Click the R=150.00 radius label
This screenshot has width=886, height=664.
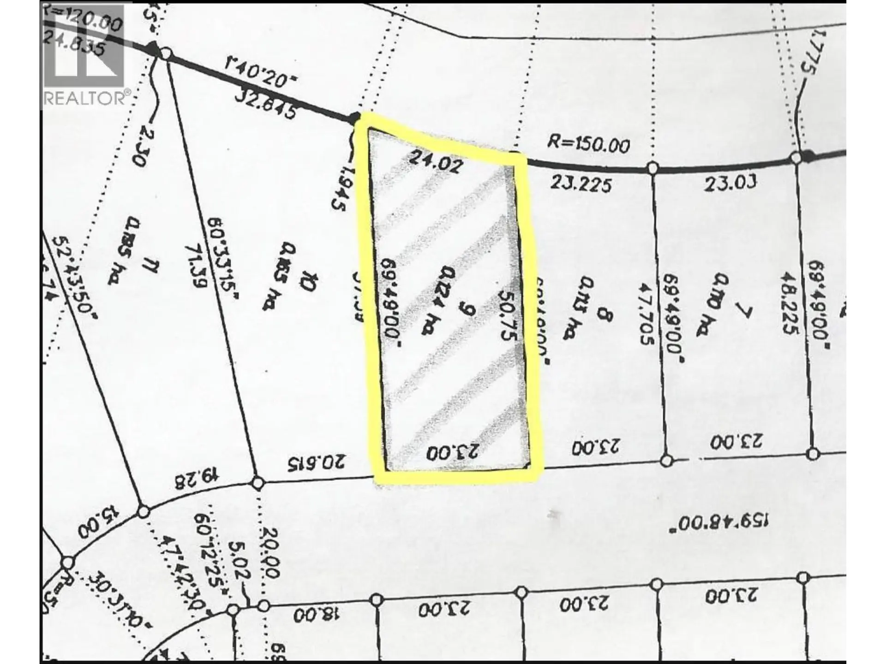pos(588,144)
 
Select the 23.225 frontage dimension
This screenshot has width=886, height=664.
pos(581,184)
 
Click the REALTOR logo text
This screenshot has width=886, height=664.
pos(85,99)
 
